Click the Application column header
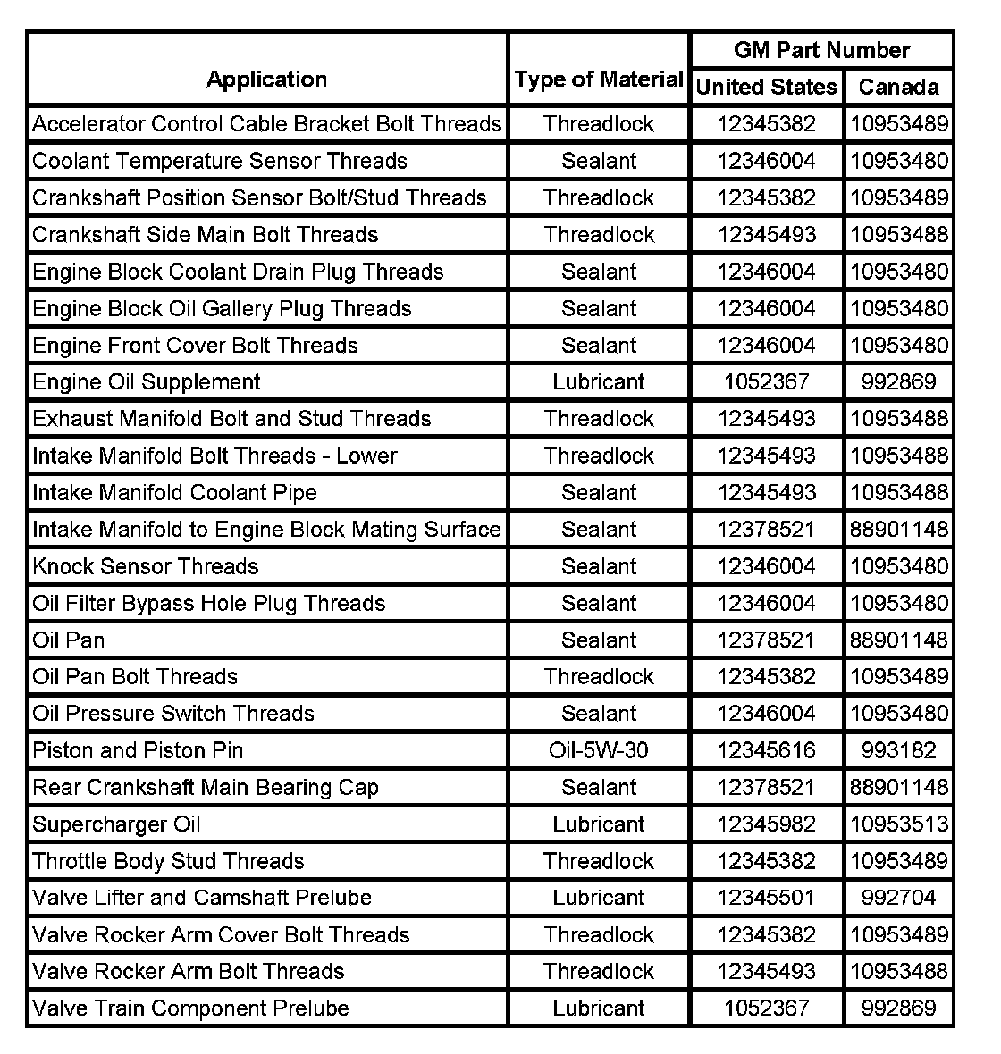(266, 79)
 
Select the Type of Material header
(599, 79)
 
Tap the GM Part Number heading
(821, 50)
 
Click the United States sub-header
(767, 87)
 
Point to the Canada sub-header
(898, 87)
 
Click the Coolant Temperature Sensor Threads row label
(220, 161)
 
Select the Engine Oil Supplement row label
(147, 382)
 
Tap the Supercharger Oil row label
(116, 824)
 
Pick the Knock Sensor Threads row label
(146, 566)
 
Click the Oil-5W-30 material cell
(599, 750)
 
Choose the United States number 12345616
(766, 750)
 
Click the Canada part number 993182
(898, 750)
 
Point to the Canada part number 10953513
(898, 824)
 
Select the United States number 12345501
(766, 898)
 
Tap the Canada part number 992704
(898, 898)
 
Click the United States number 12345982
(766, 824)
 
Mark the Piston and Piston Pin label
(138, 750)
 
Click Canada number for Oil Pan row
(898, 640)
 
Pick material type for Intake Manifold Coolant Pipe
(599, 493)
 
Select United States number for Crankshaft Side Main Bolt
(766, 235)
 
